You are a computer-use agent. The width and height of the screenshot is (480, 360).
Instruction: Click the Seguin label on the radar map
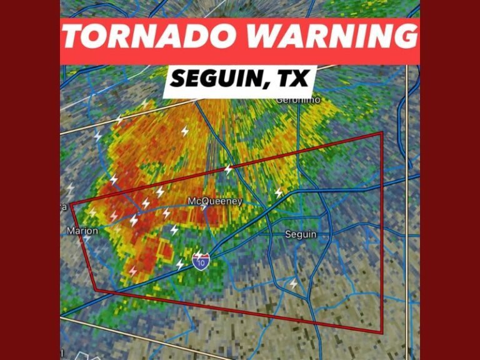click(x=301, y=234)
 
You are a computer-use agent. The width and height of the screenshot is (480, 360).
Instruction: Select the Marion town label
click(x=82, y=231)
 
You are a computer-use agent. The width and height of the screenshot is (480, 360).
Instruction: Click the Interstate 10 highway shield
click(x=201, y=262)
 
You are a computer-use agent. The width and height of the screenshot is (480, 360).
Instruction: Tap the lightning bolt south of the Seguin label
click(x=293, y=284)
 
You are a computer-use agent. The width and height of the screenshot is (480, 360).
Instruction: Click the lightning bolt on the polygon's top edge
click(x=228, y=169)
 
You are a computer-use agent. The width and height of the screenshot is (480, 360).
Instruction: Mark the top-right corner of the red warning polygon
click(x=381, y=133)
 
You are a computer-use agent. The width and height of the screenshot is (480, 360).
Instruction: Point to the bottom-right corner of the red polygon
click(x=381, y=332)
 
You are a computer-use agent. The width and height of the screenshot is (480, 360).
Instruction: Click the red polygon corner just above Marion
click(x=71, y=204)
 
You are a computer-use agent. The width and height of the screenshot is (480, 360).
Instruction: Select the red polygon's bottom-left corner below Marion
click(x=96, y=290)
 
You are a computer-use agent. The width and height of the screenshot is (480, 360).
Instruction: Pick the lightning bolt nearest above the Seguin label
click(x=279, y=193)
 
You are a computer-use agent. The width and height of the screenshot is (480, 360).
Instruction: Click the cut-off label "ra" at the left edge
click(x=63, y=207)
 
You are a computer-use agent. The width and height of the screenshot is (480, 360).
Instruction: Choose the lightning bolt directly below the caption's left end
click(x=185, y=131)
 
